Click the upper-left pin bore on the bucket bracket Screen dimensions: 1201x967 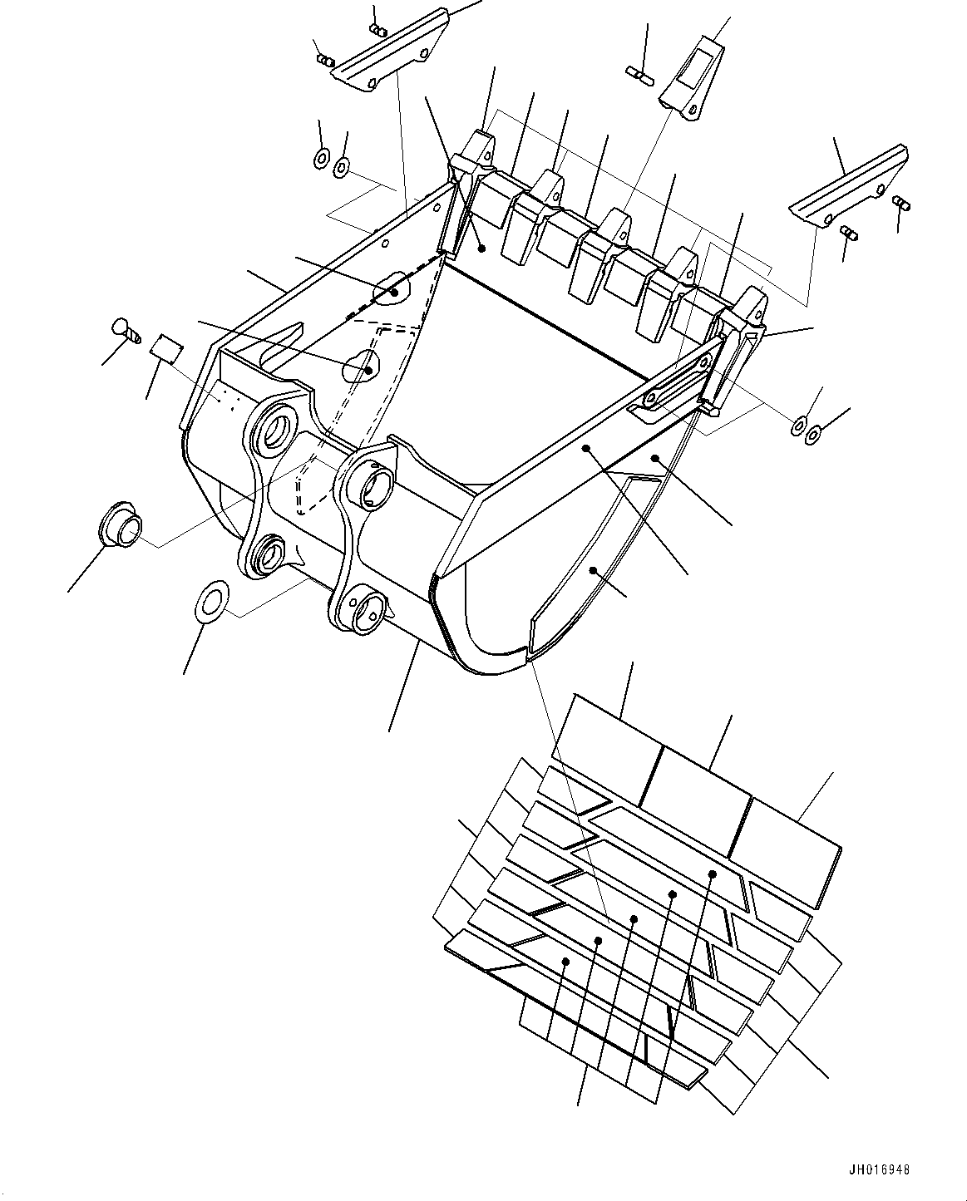pyautogui.click(x=273, y=428)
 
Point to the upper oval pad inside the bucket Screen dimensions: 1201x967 pyautogui.click(x=391, y=287)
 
